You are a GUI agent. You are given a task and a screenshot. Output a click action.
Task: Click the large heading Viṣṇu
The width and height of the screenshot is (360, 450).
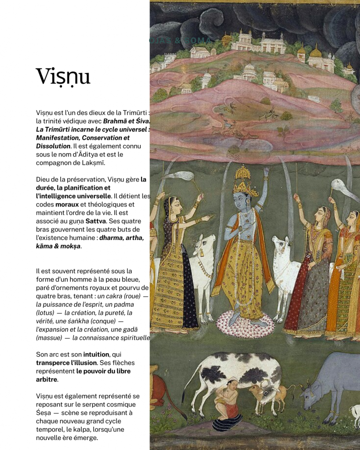(63, 77)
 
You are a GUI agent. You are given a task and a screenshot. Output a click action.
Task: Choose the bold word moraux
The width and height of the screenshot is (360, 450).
(67, 204)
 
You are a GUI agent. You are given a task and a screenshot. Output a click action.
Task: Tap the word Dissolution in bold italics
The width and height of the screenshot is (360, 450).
(53, 146)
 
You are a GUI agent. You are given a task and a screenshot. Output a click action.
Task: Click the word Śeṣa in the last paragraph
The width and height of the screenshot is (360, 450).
(43, 413)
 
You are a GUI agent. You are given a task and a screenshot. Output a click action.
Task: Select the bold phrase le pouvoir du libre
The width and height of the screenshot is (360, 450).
(103, 371)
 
